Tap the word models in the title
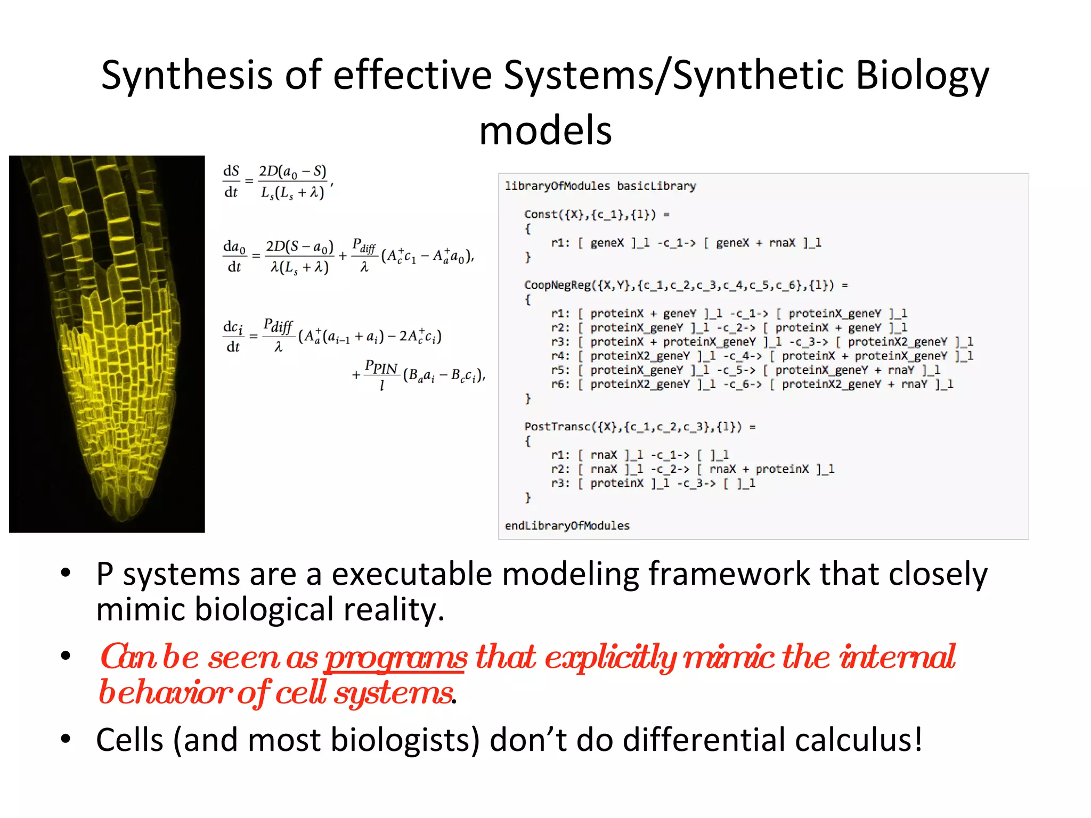click(545, 131)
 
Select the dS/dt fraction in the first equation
click(231, 182)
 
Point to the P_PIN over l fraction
click(381, 375)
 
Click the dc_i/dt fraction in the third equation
click(233, 337)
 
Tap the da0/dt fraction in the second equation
click(234, 256)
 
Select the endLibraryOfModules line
click(567, 526)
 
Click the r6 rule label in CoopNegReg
click(560, 384)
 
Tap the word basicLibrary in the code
click(656, 186)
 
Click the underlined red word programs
click(396, 658)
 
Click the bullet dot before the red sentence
click(66, 656)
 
